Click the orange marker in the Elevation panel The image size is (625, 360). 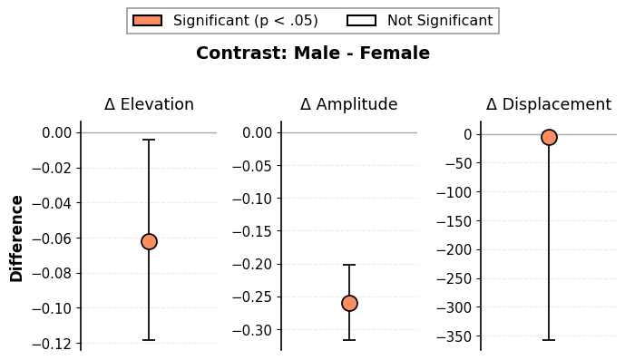tap(149, 241)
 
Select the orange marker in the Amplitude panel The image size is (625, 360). tap(349, 304)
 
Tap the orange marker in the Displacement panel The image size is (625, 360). tap(549, 137)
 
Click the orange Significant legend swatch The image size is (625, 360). tap(148, 20)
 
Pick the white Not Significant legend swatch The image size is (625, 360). tap(362, 20)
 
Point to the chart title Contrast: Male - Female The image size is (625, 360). tap(313, 53)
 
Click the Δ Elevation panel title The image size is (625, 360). tap(149, 104)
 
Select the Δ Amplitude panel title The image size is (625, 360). tap(348, 104)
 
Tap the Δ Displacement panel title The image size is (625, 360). tap(549, 104)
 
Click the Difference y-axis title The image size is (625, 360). tap(16, 238)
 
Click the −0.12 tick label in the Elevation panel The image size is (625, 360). tap(53, 344)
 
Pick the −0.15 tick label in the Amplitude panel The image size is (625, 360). tap(253, 231)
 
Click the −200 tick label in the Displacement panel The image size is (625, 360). tap(454, 250)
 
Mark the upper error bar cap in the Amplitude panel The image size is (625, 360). tap(349, 265)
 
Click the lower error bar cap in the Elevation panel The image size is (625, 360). tap(149, 340)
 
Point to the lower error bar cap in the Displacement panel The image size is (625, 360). tap(549, 340)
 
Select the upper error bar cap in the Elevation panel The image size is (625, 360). tap(149, 140)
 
